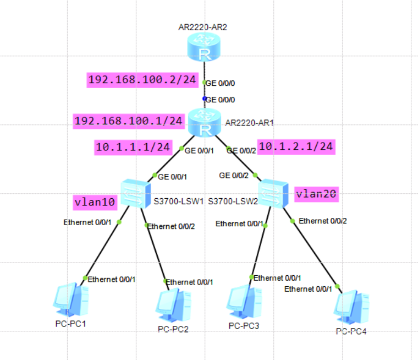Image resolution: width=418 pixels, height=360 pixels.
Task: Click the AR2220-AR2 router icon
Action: pos(204,46)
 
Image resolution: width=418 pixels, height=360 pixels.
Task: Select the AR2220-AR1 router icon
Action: pos(204,122)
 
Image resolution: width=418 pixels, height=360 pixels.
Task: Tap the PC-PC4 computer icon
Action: pos(351,306)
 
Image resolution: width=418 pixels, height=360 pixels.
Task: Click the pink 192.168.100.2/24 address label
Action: pos(142,80)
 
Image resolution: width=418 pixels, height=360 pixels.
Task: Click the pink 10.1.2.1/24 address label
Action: pos(296,146)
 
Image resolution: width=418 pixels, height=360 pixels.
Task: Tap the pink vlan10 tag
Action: pos(95,202)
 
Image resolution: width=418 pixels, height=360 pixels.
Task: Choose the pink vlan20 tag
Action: pos(316,194)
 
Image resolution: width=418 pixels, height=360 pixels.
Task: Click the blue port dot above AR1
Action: pos(204,99)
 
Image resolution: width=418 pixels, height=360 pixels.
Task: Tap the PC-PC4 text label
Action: pos(350,331)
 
